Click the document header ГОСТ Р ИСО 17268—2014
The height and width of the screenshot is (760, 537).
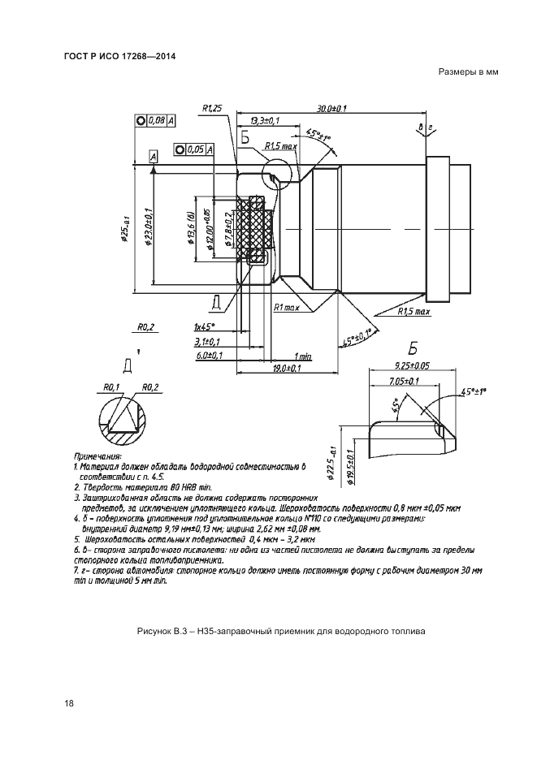pyautogui.click(x=119, y=56)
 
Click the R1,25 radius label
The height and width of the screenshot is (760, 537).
pyautogui.click(x=213, y=108)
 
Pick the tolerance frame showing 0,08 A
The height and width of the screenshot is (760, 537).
pyautogui.click(x=157, y=120)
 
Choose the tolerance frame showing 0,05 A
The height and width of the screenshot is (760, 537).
pyautogui.click(x=194, y=149)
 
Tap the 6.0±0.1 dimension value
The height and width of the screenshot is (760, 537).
pyautogui.click(x=209, y=356)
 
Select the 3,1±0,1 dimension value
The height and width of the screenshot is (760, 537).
pyautogui.click(x=207, y=341)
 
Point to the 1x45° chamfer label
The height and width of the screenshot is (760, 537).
pyautogui.click(x=206, y=326)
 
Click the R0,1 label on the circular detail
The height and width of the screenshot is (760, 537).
pyautogui.click(x=112, y=386)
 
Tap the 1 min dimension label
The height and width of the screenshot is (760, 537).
pyautogui.click(x=304, y=356)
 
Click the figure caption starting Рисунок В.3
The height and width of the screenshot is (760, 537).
pyautogui.click(x=282, y=630)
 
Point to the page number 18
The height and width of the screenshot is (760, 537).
pyautogui.click(x=68, y=703)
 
